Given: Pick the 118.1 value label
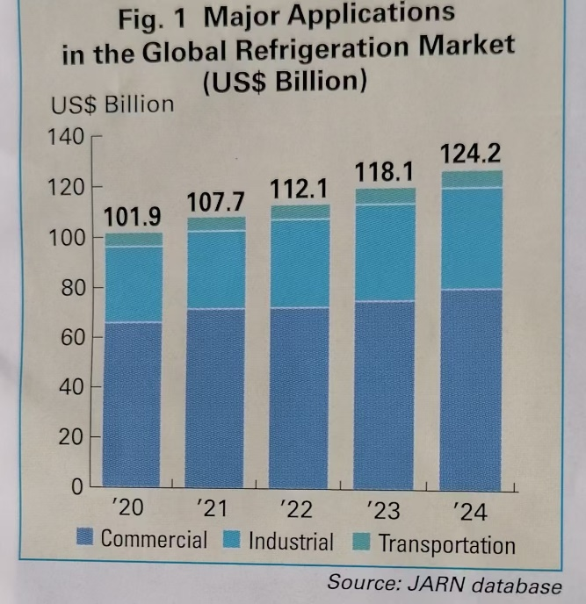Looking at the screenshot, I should tap(385, 173).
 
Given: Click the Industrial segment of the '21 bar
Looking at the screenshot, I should tap(216, 270).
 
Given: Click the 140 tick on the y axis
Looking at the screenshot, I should tap(68, 137).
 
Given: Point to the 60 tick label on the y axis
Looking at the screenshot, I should tap(71, 336).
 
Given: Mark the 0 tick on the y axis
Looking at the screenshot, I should tap(76, 485).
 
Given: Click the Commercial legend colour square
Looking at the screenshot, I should tap(85, 539).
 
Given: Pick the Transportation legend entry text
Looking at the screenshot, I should tap(446, 544).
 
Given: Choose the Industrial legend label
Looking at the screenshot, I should tap(291, 542).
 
